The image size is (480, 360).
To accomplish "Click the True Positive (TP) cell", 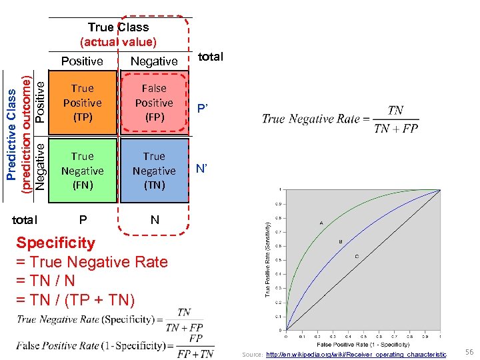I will (x=82, y=103).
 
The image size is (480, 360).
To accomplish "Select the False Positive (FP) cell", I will (x=154, y=103).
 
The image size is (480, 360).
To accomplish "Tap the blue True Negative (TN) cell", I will (x=154, y=171).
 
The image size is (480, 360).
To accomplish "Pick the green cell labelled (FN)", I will (x=82, y=171).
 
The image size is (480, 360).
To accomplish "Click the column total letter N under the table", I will (x=155, y=219).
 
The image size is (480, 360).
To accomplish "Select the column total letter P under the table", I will (x=83, y=219).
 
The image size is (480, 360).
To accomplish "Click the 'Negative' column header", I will (x=154, y=61).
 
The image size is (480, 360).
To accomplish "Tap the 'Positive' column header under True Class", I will (x=82, y=61).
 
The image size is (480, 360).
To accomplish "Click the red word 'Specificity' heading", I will (x=55, y=243).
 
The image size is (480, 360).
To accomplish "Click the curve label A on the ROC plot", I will (x=322, y=223).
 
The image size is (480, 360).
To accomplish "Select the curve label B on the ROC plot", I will (x=341, y=241).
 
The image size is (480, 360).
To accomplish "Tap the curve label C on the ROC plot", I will (x=357, y=257).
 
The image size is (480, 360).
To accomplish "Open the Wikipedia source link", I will (x=356, y=355).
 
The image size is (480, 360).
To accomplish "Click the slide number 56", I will (x=469, y=351).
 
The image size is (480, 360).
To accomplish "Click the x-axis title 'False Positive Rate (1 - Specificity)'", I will (x=363, y=344).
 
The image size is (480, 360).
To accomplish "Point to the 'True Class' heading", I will (x=118, y=27).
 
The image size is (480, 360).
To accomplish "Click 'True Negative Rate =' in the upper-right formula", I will (x=308, y=119).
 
